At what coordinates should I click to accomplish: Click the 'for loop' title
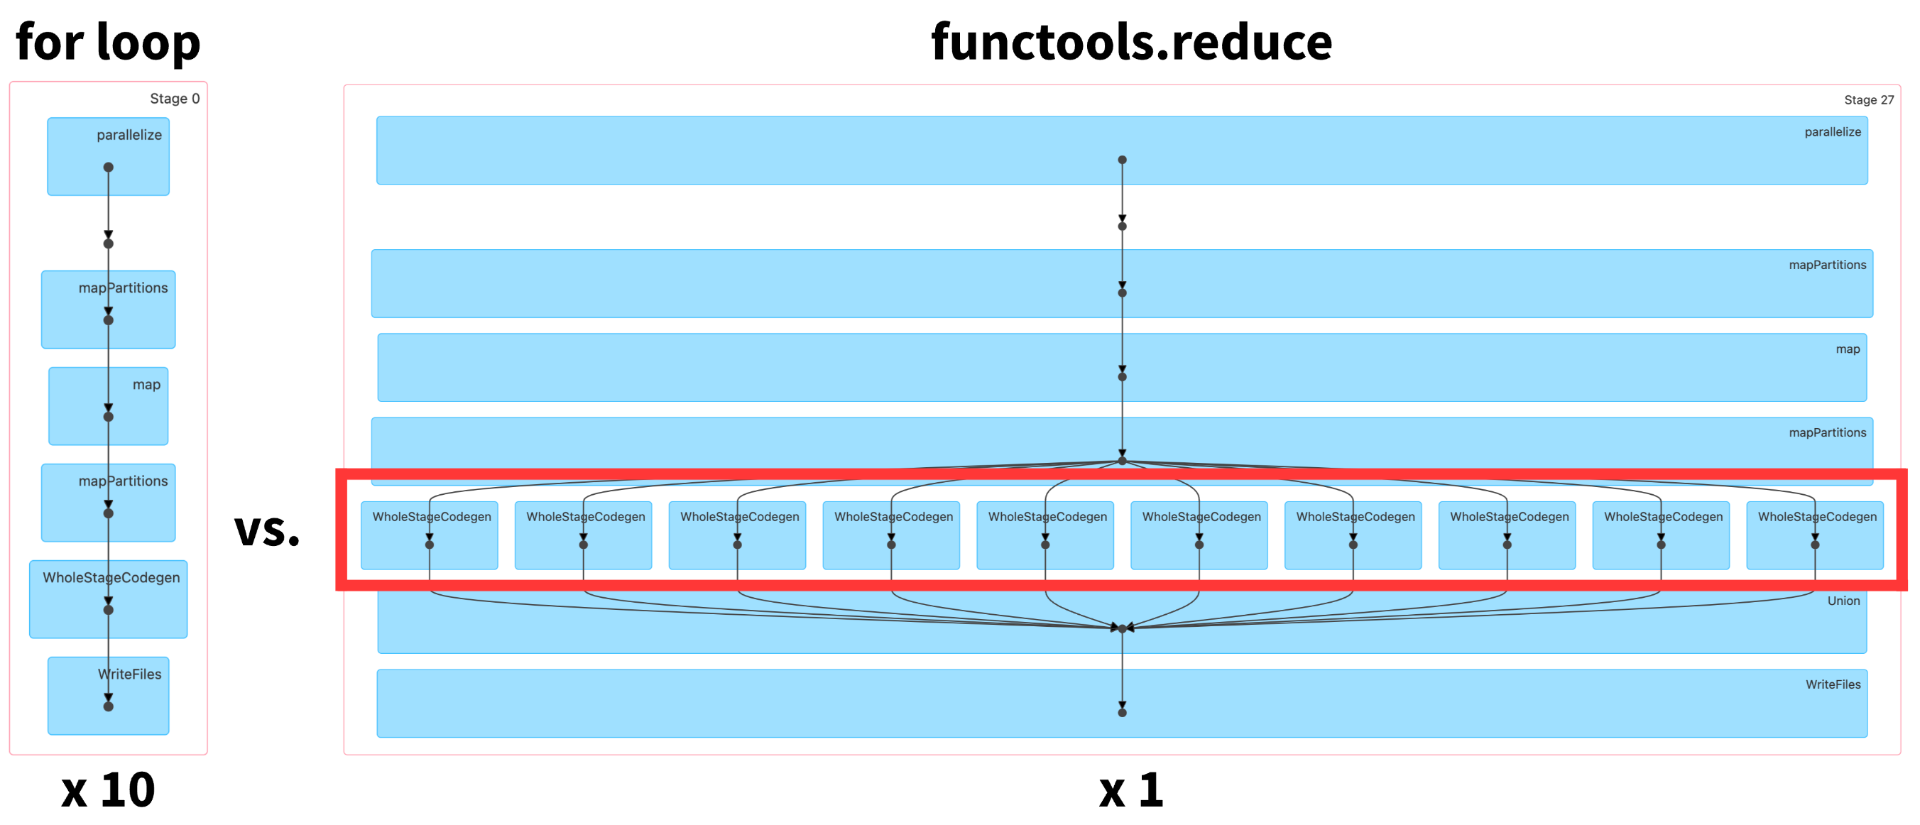coord(108,42)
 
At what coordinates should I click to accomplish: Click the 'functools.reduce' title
coord(1131,42)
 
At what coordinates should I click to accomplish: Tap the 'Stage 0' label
coord(175,99)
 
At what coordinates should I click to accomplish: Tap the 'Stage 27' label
coord(1869,100)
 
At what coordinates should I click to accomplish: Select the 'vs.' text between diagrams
coord(267,530)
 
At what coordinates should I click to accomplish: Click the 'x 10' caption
coord(108,790)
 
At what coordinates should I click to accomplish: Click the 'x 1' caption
coord(1130,790)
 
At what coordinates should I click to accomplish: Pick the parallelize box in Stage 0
coord(108,156)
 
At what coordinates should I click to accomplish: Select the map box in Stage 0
coord(108,406)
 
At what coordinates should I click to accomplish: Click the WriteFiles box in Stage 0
coord(108,696)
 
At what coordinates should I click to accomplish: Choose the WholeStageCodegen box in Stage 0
coord(108,599)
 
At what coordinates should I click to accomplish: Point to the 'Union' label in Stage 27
coord(1843,601)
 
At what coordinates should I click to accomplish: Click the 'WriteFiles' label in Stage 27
coord(1833,684)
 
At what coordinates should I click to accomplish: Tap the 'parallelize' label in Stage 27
coord(1833,132)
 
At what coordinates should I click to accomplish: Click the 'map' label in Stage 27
coord(1848,349)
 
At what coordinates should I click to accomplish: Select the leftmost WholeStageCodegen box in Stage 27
coord(430,535)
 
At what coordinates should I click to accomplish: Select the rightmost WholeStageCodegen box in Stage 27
coord(1815,535)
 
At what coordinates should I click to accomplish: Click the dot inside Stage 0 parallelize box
coord(108,167)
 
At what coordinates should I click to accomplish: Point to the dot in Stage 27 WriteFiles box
coord(1122,712)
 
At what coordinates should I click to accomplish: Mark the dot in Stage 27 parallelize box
coord(1122,160)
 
